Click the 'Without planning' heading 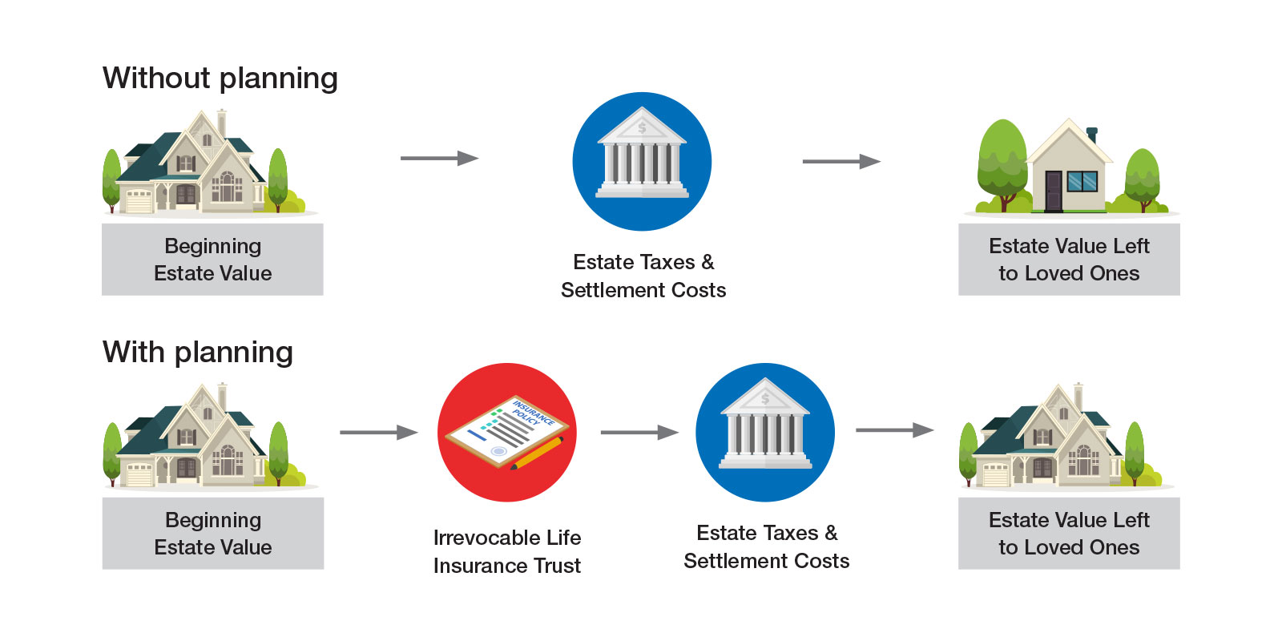pyautogui.click(x=220, y=79)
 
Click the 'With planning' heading pyautogui.click(x=197, y=353)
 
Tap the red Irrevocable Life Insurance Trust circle pyautogui.click(x=506, y=433)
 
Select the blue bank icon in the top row pyautogui.click(x=642, y=161)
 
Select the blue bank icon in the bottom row pyautogui.click(x=765, y=433)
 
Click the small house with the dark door pyautogui.click(x=1069, y=170)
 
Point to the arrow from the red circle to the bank pyautogui.click(x=639, y=433)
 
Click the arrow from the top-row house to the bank pyautogui.click(x=439, y=159)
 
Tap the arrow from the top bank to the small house pyautogui.click(x=841, y=162)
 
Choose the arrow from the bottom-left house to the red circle pyautogui.click(x=378, y=433)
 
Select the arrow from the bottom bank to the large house pyautogui.click(x=894, y=430)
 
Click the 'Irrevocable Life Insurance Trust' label pyautogui.click(x=507, y=551)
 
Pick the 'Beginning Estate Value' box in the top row pyautogui.click(x=212, y=260)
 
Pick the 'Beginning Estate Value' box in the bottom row pyautogui.click(x=212, y=534)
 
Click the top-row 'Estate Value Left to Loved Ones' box pyautogui.click(x=1069, y=260)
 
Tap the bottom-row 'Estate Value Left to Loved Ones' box pyautogui.click(x=1069, y=534)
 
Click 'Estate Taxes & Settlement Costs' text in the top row pyautogui.click(x=643, y=276)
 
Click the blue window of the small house pyautogui.click(x=1082, y=182)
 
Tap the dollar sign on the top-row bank pyautogui.click(x=642, y=127)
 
